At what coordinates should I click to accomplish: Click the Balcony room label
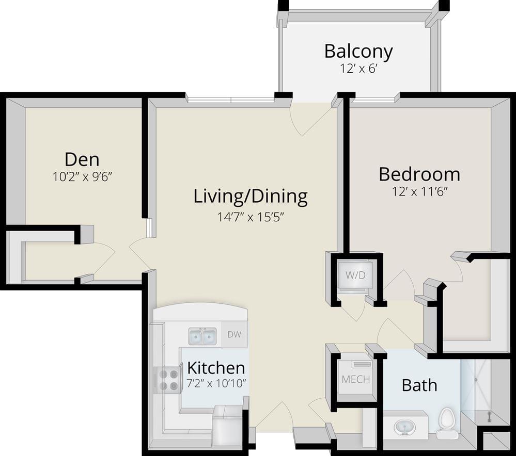pos(358,52)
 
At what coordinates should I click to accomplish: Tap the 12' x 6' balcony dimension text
pos(358,69)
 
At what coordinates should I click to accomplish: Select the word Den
pos(82,159)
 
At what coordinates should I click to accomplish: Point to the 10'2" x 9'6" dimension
pos(82,177)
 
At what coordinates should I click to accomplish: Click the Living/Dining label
pos(251,196)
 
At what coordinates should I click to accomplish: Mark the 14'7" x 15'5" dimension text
pos(251,217)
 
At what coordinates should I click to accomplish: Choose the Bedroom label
pos(419,174)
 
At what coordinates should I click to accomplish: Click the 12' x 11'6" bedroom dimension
pos(419,192)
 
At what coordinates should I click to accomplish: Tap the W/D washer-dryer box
pos(355,275)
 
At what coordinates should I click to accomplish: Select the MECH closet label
pos(355,379)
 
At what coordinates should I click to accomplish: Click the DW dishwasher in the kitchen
pos(234,334)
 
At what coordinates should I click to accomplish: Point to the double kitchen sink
pos(202,337)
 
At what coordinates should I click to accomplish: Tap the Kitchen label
pos(215,368)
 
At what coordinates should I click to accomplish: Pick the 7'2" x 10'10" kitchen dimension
pos(215,384)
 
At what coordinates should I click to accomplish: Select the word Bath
pos(419,385)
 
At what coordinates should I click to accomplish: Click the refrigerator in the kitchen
pos(228,425)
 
